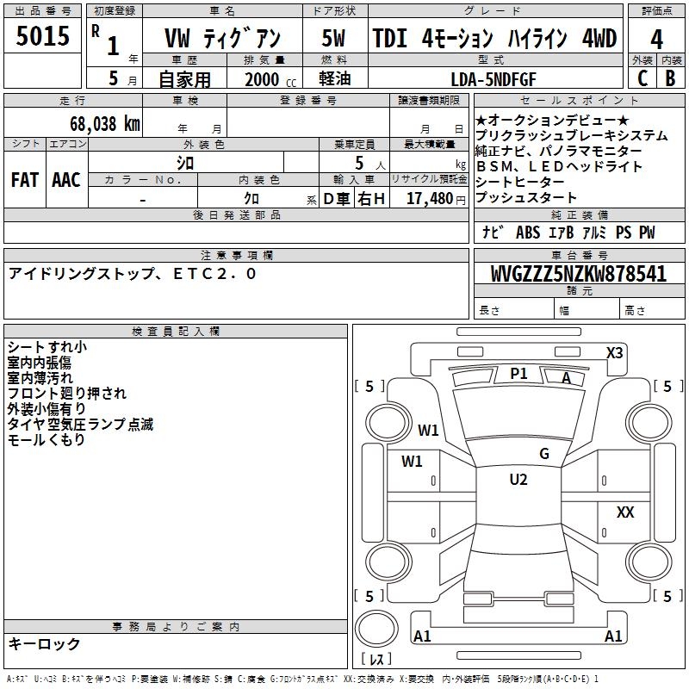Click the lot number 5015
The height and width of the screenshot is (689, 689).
tap(42, 35)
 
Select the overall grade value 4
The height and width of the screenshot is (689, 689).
tap(656, 40)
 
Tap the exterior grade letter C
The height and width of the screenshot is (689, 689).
tap(642, 78)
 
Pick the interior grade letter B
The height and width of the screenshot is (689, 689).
tap(670, 78)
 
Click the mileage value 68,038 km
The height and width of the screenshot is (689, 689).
tap(105, 124)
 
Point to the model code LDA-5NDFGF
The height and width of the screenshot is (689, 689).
tap(493, 79)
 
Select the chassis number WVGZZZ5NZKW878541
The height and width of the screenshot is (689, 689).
tap(578, 273)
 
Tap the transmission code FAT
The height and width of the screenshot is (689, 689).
tap(25, 180)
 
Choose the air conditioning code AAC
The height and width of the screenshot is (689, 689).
tap(66, 180)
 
